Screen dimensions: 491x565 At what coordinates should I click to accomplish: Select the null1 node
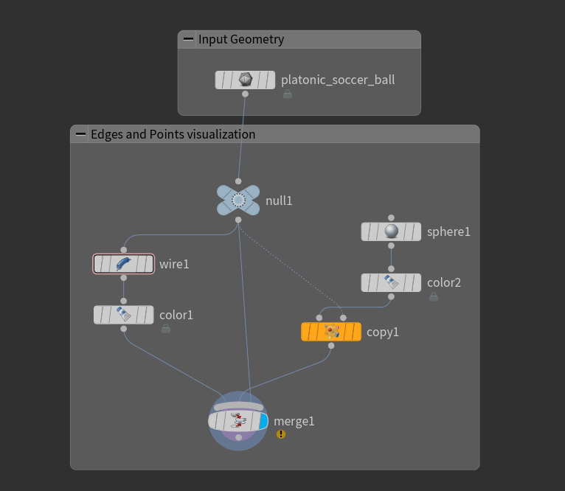pyautogui.click(x=238, y=200)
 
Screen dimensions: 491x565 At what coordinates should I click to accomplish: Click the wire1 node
pyautogui.click(x=123, y=264)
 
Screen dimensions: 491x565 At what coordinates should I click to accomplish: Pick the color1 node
pyautogui.click(x=123, y=315)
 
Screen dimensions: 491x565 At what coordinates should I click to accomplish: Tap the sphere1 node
pyautogui.click(x=391, y=231)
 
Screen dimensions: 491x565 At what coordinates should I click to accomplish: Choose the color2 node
pyautogui.click(x=391, y=282)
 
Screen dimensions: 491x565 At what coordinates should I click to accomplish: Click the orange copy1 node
pyautogui.click(x=331, y=332)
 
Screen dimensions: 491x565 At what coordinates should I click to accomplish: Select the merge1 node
pyautogui.click(x=238, y=421)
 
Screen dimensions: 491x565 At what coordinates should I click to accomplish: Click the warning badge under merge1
pyautogui.click(x=281, y=434)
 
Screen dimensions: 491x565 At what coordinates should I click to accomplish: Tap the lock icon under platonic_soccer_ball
pyautogui.click(x=288, y=94)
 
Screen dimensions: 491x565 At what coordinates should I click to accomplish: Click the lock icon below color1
pyautogui.click(x=166, y=328)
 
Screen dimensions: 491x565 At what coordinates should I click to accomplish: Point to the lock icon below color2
pyautogui.click(x=434, y=296)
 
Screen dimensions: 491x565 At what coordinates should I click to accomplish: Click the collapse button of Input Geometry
pyautogui.click(x=189, y=40)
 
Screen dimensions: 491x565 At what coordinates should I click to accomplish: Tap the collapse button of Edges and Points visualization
pyautogui.click(x=81, y=134)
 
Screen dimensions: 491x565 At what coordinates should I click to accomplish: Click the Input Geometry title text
pyautogui.click(x=241, y=40)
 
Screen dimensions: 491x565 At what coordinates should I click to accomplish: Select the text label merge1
pyautogui.click(x=294, y=422)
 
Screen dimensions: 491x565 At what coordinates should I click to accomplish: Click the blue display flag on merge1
pyautogui.click(x=263, y=421)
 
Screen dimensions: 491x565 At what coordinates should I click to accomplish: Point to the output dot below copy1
pyautogui.click(x=331, y=345)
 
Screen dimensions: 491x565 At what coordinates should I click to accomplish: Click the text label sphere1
pyautogui.click(x=448, y=232)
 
